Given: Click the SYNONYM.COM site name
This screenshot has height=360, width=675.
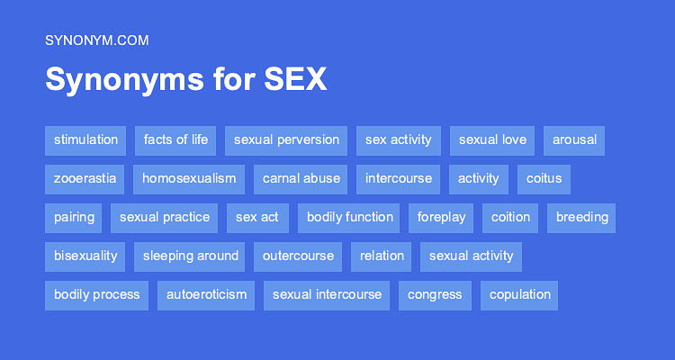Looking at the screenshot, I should (96, 40).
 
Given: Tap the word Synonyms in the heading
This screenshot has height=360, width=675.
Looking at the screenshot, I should (116, 80).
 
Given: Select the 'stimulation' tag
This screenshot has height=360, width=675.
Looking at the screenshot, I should (85, 139).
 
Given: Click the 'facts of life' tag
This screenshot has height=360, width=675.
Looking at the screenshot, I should (175, 139).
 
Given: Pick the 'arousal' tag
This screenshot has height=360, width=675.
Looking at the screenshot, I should (574, 139).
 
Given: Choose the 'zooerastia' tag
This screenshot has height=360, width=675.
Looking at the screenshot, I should (85, 178).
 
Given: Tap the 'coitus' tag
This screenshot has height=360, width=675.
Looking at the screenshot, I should (544, 178).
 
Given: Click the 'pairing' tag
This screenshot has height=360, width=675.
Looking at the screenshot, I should (74, 217).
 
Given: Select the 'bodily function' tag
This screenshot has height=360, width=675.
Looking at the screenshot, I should (350, 217).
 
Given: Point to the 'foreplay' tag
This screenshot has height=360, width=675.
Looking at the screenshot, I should (441, 217).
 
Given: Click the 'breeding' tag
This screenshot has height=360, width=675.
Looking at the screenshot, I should (582, 217).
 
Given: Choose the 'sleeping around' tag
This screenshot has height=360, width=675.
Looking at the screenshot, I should (191, 256).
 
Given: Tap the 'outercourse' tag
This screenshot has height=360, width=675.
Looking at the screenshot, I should (298, 256).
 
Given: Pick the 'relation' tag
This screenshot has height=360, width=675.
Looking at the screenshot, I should (382, 256).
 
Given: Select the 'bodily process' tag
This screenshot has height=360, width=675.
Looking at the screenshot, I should (96, 294).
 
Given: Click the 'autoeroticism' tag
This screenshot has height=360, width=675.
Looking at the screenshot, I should (206, 294).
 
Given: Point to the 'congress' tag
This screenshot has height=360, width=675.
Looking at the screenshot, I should (435, 294).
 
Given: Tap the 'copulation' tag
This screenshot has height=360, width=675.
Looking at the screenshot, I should (520, 294).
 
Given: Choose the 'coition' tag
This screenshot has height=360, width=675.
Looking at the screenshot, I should (511, 217).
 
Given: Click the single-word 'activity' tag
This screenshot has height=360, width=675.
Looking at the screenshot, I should (478, 178).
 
